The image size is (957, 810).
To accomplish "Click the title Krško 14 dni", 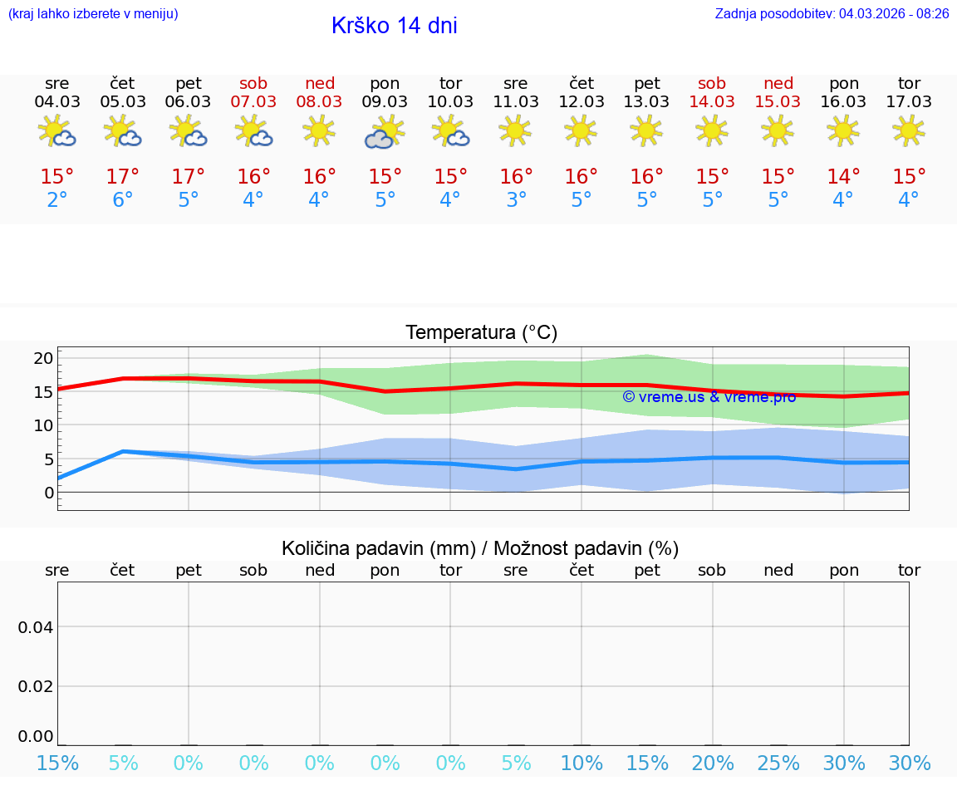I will [x=394, y=26].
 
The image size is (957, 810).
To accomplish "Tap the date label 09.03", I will [x=385, y=101].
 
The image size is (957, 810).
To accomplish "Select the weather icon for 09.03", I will [x=384, y=131].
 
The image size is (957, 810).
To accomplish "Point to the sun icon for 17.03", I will [x=909, y=130].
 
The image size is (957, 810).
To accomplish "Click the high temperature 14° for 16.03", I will [x=843, y=176].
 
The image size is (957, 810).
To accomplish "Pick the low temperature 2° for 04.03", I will [x=57, y=199].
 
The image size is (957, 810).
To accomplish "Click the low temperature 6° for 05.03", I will [x=123, y=199].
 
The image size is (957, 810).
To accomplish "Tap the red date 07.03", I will [x=253, y=101].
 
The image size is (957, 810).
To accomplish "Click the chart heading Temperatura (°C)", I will [x=481, y=332].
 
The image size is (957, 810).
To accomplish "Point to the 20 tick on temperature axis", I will [x=43, y=358].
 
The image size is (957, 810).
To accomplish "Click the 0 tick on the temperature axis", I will [x=49, y=493].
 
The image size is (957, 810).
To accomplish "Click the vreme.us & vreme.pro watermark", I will [x=709, y=396].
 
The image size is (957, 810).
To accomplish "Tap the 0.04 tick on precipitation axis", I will [x=36, y=626].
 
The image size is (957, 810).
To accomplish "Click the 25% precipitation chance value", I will [x=778, y=763].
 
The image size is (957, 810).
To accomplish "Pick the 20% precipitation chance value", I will [x=713, y=763].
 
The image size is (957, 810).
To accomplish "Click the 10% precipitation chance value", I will [x=582, y=763].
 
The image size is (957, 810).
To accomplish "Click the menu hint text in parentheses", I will [x=93, y=13].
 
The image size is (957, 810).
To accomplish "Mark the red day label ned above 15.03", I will [x=778, y=83].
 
